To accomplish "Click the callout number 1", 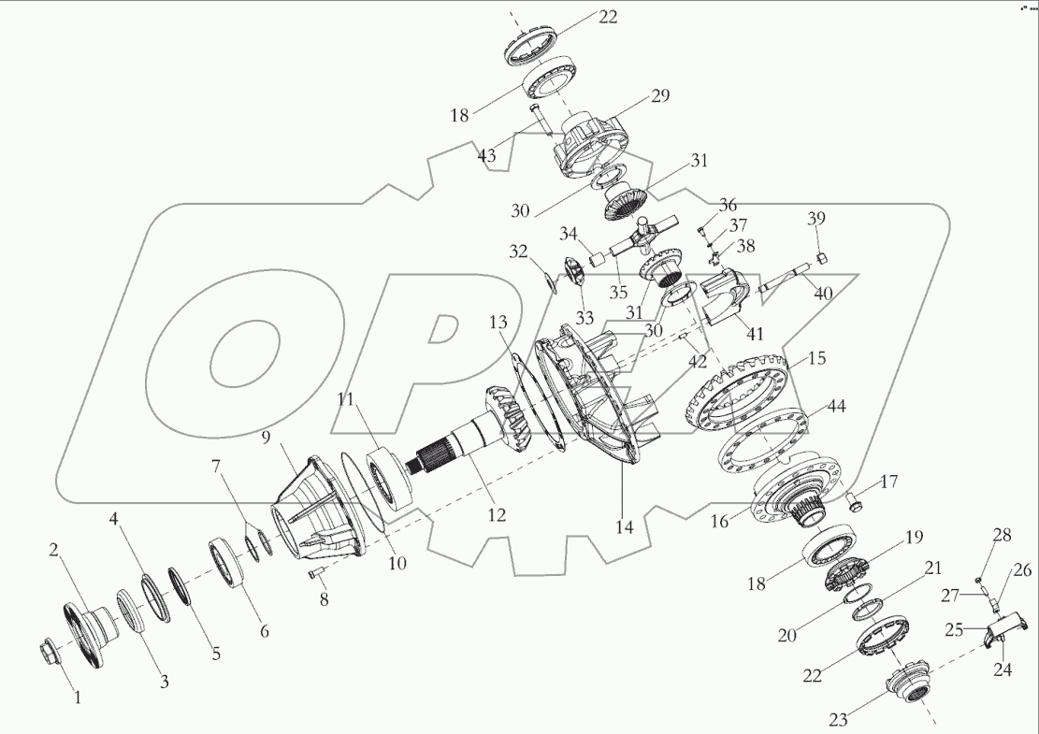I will click(x=78, y=697).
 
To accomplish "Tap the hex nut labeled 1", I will click(x=50, y=649).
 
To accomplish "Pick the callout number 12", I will click(x=496, y=515).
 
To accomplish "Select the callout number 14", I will click(x=624, y=527).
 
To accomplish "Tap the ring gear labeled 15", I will click(x=739, y=397).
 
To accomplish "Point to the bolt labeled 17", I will click(x=853, y=505).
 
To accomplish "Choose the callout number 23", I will click(x=837, y=719).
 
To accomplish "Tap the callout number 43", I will click(x=487, y=156).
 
